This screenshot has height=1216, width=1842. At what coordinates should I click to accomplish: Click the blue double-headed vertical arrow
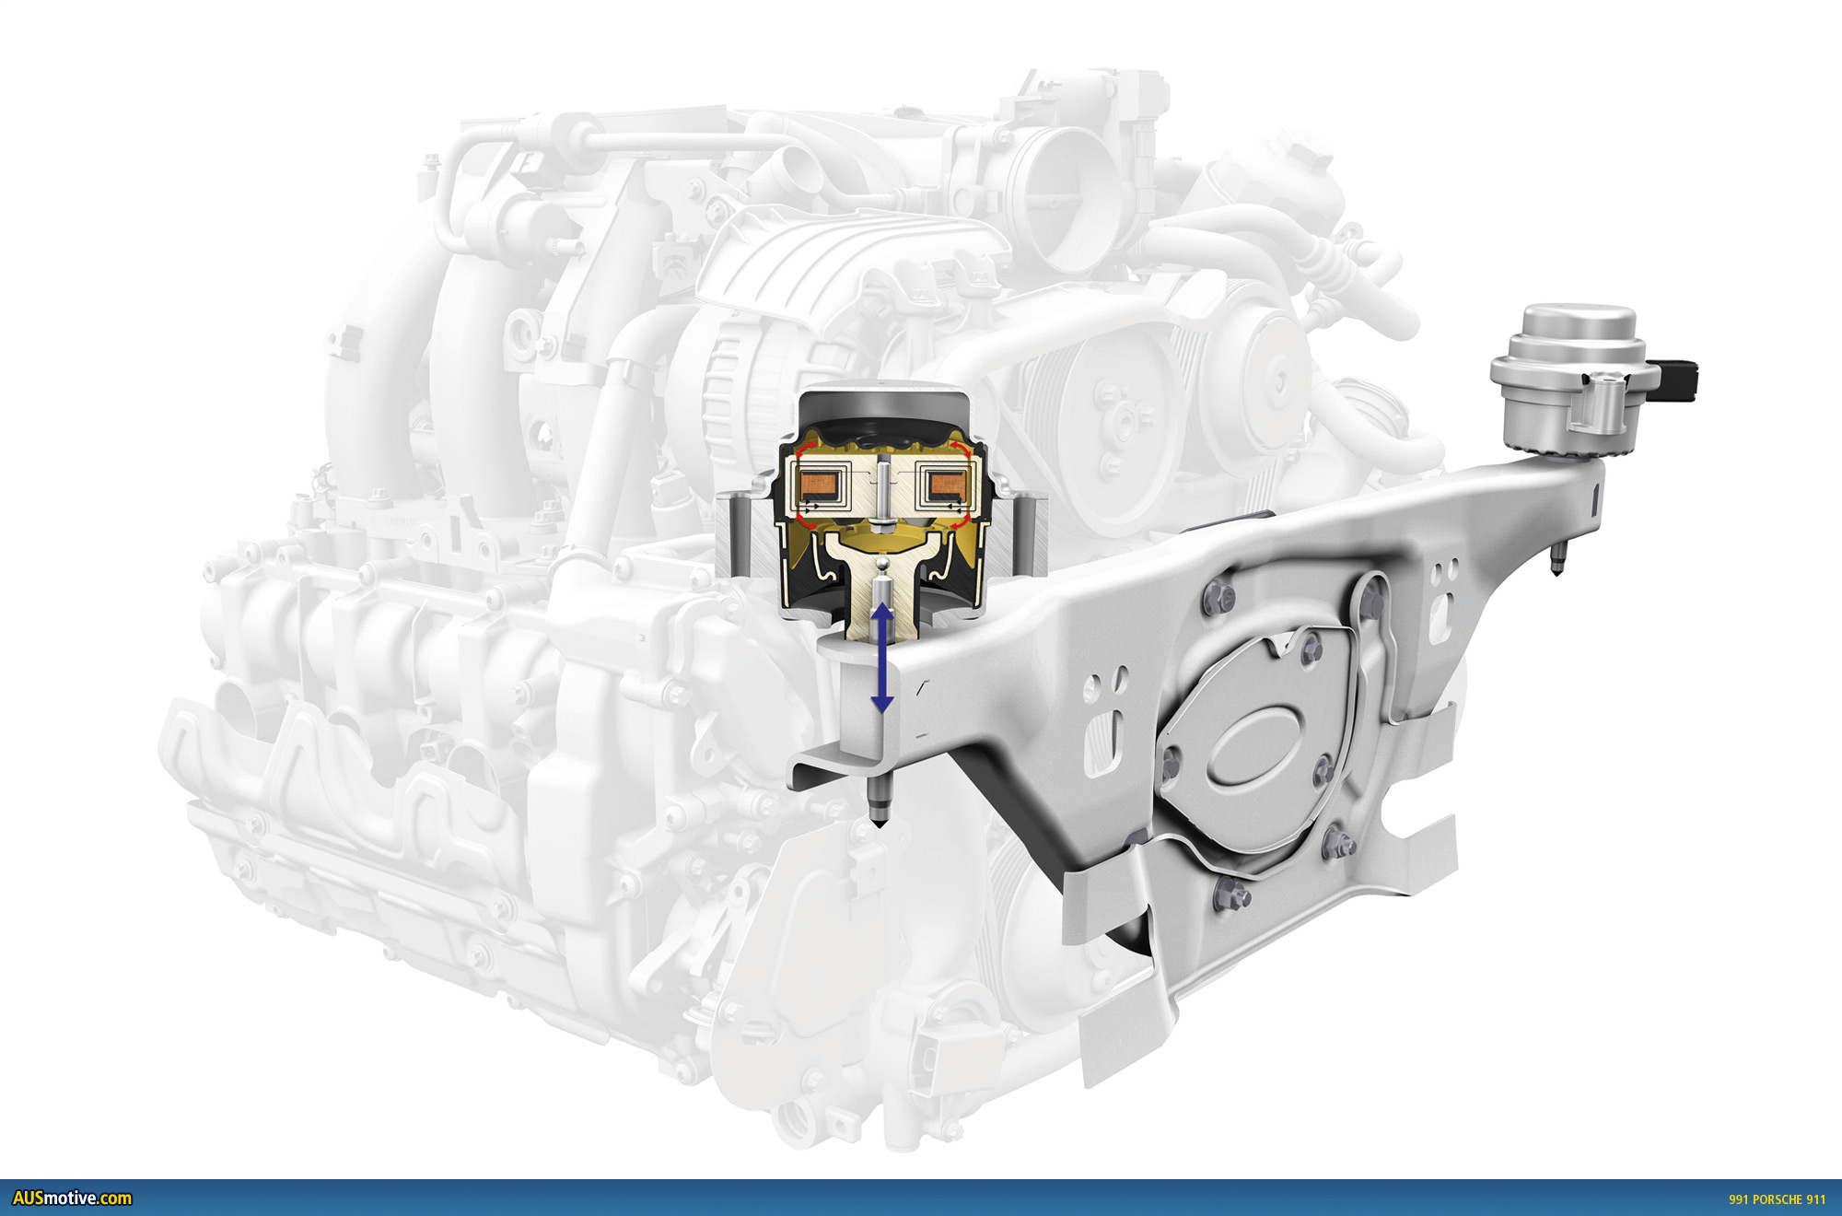click(x=882, y=658)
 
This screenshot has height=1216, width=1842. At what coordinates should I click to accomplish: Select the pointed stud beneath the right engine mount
click(x=1557, y=559)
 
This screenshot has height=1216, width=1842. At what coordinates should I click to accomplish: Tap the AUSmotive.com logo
click(x=72, y=1198)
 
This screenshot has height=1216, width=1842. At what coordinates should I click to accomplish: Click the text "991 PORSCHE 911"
click(x=1777, y=1199)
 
